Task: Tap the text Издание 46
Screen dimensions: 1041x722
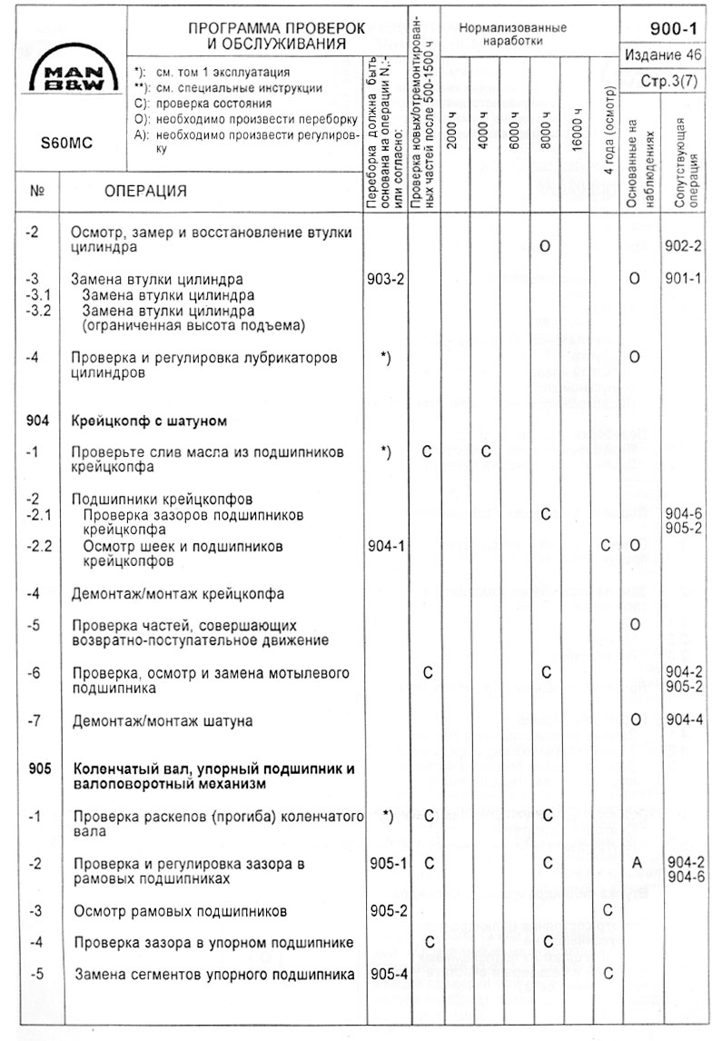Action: pyautogui.click(x=665, y=55)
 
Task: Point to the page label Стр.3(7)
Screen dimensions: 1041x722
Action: pyautogui.click(x=672, y=82)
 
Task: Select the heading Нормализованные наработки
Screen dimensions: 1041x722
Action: pyautogui.click(x=513, y=35)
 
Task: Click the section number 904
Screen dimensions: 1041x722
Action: pyautogui.click(x=38, y=421)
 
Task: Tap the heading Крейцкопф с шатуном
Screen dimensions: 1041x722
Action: pyautogui.click(x=148, y=421)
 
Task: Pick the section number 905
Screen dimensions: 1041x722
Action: pyautogui.click(x=38, y=768)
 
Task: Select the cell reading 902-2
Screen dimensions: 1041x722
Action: pyautogui.click(x=683, y=246)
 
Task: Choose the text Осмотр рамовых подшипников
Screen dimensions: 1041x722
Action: pyautogui.click(x=181, y=910)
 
